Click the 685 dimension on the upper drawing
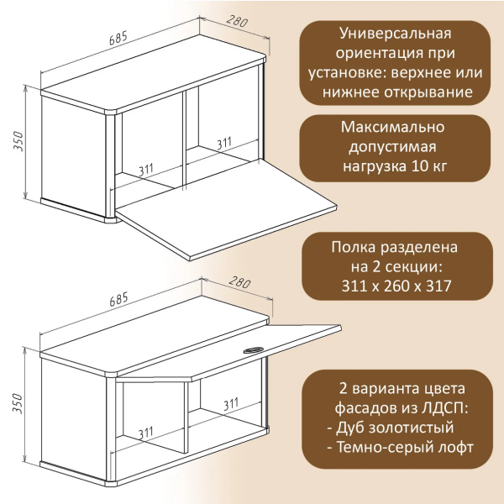[119, 39]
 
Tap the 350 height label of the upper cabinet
[18, 145]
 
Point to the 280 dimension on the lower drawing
[239, 282]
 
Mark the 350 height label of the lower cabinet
[18, 405]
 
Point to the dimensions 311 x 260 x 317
[393, 286]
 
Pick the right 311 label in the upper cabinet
[223, 143]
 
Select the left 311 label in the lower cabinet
[147, 433]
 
